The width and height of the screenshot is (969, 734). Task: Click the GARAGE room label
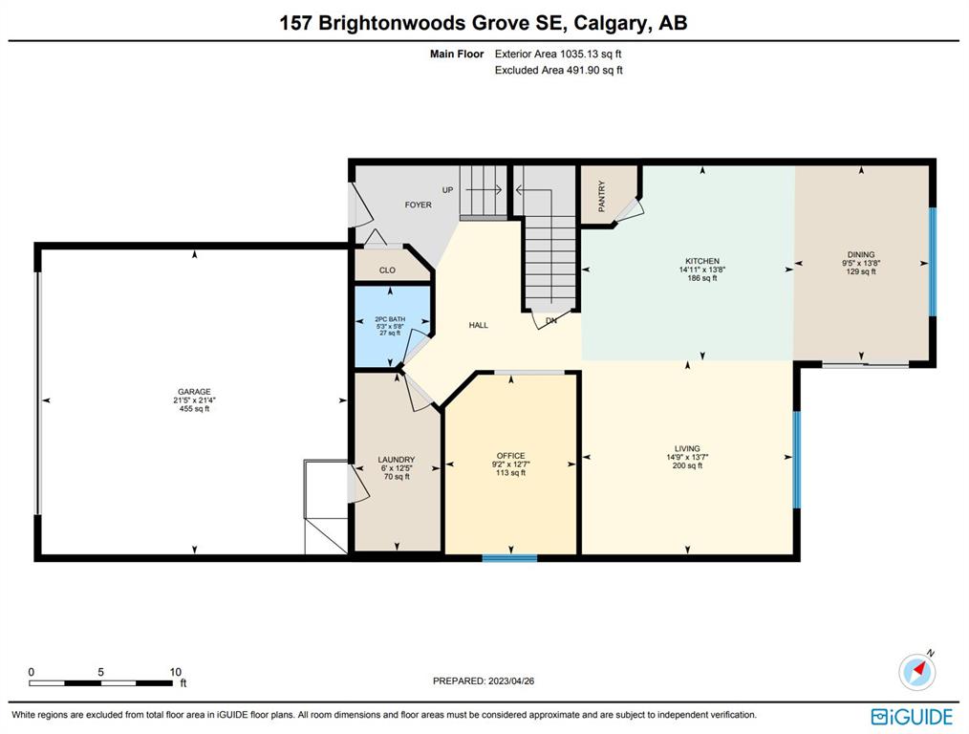click(x=194, y=392)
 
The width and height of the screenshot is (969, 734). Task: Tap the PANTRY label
click(x=602, y=196)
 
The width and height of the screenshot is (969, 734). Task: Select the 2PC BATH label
click(x=390, y=319)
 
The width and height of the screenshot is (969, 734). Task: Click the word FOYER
click(x=418, y=205)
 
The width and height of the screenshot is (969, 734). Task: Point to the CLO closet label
click(x=387, y=270)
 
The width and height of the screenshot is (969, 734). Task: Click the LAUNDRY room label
click(x=397, y=460)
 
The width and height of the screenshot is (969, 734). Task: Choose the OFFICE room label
click(x=510, y=456)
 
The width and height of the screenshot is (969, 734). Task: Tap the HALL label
click(x=479, y=325)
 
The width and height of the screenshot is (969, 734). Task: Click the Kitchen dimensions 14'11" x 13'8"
click(x=702, y=270)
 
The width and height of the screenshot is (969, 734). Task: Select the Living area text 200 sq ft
click(x=687, y=465)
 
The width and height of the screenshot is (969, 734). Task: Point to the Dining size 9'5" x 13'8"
click(x=861, y=263)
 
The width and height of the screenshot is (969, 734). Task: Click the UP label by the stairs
click(x=447, y=190)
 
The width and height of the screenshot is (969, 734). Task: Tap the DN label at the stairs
click(x=551, y=321)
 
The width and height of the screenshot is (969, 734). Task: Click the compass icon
click(x=917, y=671)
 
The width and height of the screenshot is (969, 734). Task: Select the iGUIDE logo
click(x=913, y=717)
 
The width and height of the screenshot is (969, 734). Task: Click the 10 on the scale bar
click(x=175, y=672)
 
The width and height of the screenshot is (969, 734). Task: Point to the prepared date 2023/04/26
click(x=511, y=680)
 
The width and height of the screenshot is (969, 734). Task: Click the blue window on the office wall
click(x=510, y=558)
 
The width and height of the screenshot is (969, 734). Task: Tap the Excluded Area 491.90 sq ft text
click(x=559, y=71)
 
